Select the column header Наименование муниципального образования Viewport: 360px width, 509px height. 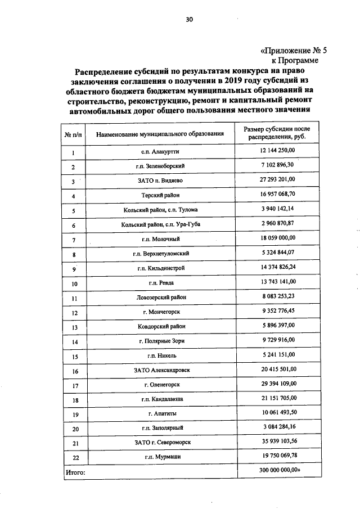tap(160, 134)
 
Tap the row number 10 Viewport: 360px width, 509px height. tap(73, 283)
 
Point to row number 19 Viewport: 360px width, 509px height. tap(73, 415)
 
